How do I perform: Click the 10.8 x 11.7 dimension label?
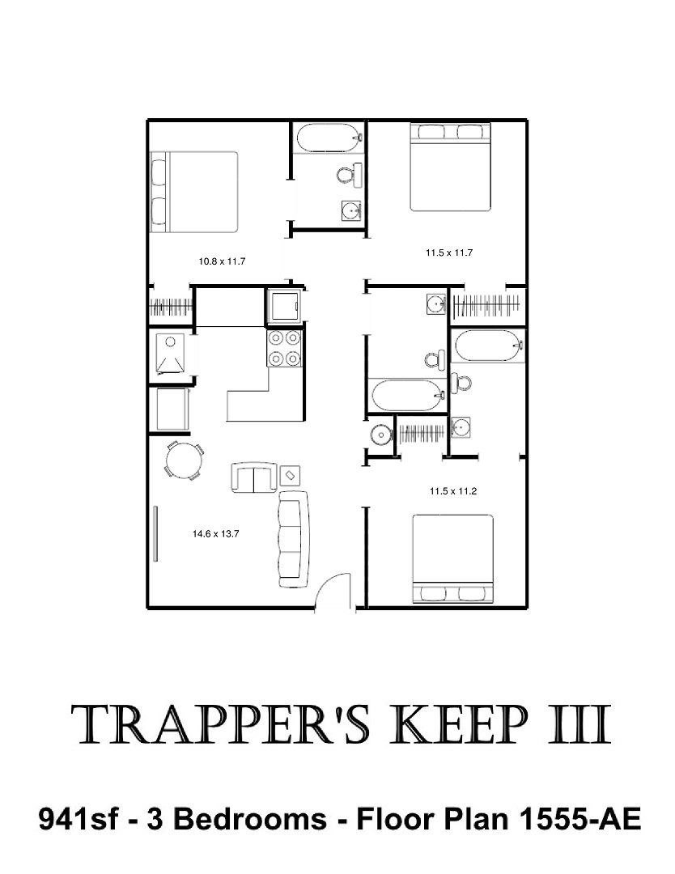point(222,261)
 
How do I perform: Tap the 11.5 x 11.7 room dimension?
point(449,252)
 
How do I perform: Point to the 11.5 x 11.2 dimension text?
point(453,491)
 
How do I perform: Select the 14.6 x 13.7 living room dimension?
point(216,533)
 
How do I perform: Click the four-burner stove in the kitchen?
point(285,348)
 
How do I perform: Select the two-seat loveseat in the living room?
point(253,477)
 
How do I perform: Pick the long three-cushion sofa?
point(294,538)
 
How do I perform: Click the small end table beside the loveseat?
point(290,475)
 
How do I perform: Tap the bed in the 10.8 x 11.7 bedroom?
point(194,192)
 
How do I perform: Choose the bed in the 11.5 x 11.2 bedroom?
point(452,558)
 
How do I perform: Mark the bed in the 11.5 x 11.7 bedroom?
point(450,168)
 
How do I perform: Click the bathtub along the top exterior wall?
point(329,137)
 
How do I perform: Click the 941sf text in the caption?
point(78,819)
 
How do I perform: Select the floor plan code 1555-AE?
point(579,819)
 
